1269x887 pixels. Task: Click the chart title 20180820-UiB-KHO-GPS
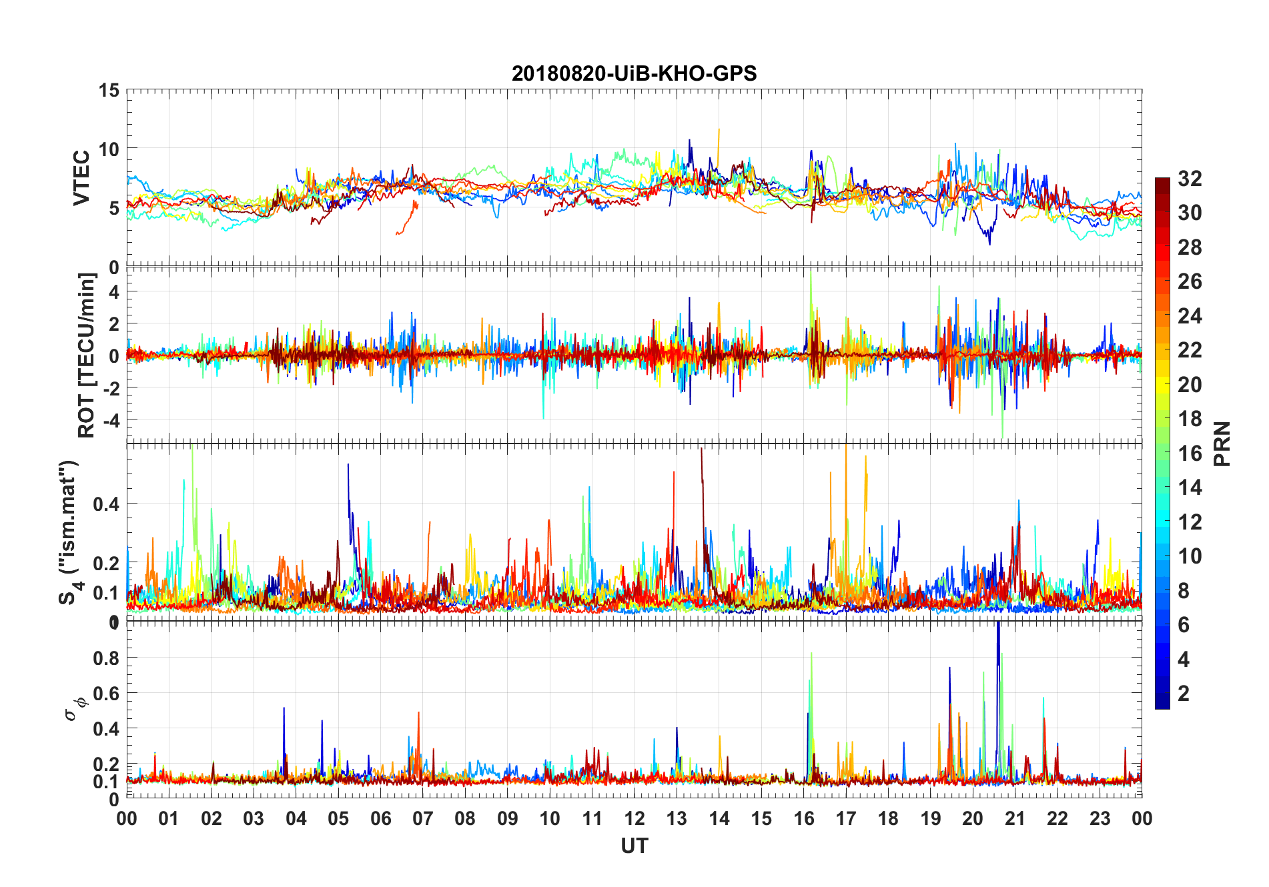click(x=634, y=73)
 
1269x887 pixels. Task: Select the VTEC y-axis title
click(x=81, y=178)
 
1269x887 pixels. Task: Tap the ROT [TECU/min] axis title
click(x=87, y=355)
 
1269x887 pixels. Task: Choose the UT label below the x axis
click(x=634, y=846)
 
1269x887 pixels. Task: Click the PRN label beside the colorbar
click(x=1222, y=443)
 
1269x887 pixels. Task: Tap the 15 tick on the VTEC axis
click(x=109, y=90)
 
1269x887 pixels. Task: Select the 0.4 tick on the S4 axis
click(x=106, y=504)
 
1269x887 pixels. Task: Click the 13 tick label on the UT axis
click(x=677, y=818)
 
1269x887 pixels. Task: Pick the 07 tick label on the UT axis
click(x=422, y=818)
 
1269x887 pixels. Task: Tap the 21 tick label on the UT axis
click(x=1015, y=818)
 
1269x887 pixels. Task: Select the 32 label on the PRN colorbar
click(x=1190, y=178)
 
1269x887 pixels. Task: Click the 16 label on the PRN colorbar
click(x=1190, y=453)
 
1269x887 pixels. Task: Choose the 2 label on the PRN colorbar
click(x=1184, y=693)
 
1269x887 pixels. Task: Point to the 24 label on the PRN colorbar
click(x=1190, y=315)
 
